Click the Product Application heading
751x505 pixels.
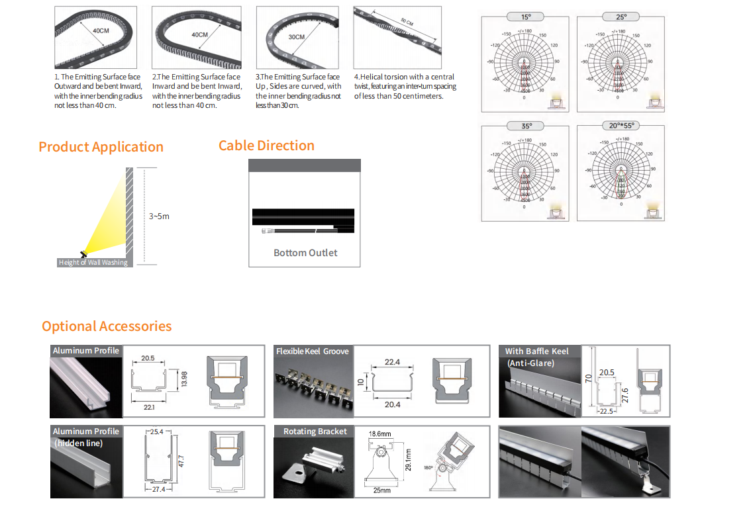click(101, 147)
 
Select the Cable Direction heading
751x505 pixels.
click(266, 146)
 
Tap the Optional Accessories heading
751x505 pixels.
click(107, 326)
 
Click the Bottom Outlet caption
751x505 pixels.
click(305, 253)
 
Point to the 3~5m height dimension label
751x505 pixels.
click(159, 216)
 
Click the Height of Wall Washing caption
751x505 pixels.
click(93, 263)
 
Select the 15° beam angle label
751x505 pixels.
click(526, 17)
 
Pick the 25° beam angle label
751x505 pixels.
click(621, 17)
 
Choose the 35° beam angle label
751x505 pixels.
click(526, 126)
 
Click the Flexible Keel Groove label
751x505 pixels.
click(312, 351)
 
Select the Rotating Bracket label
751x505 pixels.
click(315, 432)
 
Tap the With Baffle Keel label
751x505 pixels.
click(536, 351)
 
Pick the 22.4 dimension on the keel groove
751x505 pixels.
click(392, 362)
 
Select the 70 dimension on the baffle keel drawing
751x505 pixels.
click(587, 380)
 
